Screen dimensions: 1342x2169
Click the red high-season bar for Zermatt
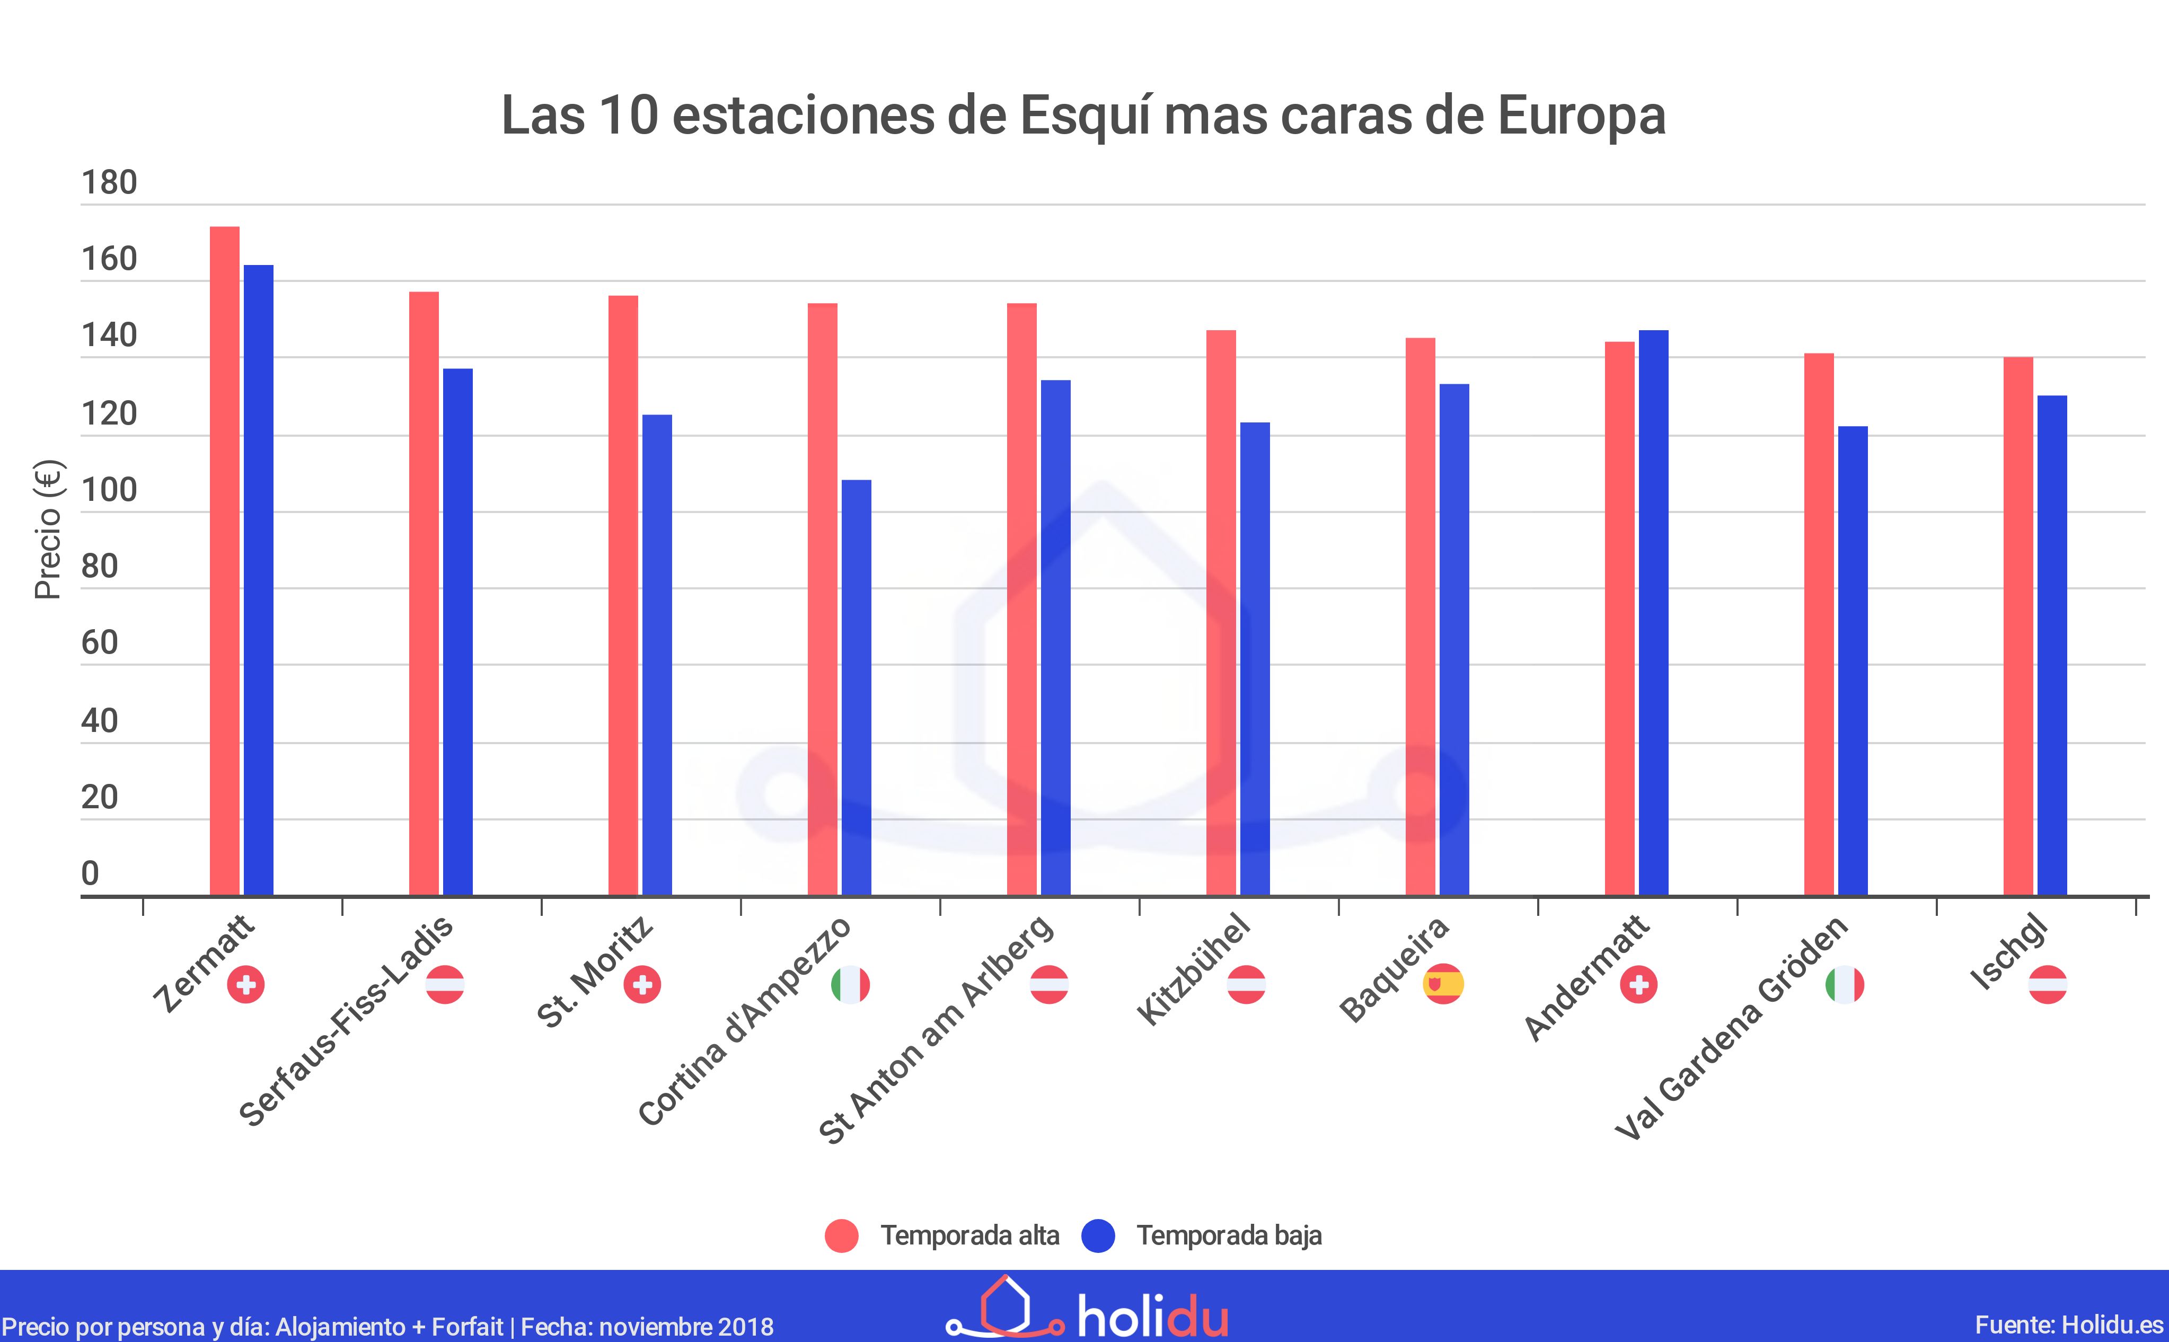pyautogui.click(x=225, y=559)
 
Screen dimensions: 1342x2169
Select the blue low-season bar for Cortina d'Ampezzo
pyautogui.click(x=857, y=688)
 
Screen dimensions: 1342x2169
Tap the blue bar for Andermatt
pyautogui.click(x=1653, y=612)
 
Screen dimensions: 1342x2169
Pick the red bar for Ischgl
pyautogui.click(x=2018, y=626)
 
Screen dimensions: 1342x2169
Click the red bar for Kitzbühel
pyautogui.click(x=1221, y=612)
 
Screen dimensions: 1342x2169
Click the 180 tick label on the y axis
pyautogui.click(x=109, y=183)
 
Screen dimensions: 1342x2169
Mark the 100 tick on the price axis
pyautogui.click(x=109, y=490)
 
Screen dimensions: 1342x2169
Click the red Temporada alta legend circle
pyautogui.click(x=841, y=1235)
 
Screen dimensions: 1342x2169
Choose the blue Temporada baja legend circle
pyautogui.click(x=1098, y=1235)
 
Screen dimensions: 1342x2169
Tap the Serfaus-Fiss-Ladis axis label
pyautogui.click(x=346, y=1021)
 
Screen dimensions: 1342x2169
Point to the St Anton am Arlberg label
pyautogui.click(x=936, y=1030)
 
